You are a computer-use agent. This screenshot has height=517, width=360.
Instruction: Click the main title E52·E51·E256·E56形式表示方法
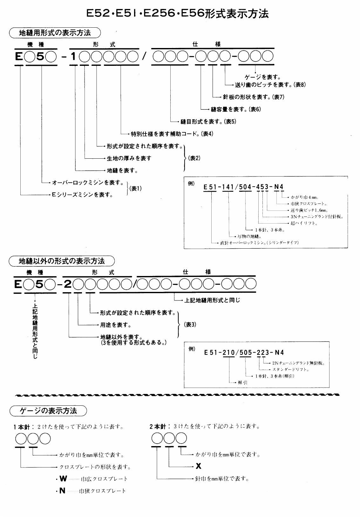click(178, 14)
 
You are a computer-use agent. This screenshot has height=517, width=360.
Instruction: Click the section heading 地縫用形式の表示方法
click(55, 33)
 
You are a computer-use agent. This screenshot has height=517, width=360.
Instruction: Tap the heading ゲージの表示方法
click(48, 411)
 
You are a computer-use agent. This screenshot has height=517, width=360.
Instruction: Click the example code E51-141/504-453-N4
click(243, 187)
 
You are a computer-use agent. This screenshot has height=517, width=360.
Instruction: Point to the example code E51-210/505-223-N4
click(244, 352)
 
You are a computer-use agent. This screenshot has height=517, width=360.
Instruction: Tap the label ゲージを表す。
click(262, 77)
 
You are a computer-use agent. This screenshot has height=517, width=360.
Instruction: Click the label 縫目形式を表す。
click(201, 121)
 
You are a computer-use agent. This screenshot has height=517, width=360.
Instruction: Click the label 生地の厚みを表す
click(129, 158)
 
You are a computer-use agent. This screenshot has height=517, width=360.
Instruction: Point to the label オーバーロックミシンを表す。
click(88, 183)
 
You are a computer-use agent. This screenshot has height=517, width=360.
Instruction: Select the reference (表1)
click(136, 189)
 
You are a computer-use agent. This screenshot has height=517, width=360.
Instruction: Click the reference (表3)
click(190, 325)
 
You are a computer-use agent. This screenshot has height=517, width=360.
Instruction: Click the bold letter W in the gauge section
click(63, 479)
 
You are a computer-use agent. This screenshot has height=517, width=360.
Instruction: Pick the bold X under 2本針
click(199, 466)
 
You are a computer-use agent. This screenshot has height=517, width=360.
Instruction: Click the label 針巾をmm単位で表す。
click(222, 479)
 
